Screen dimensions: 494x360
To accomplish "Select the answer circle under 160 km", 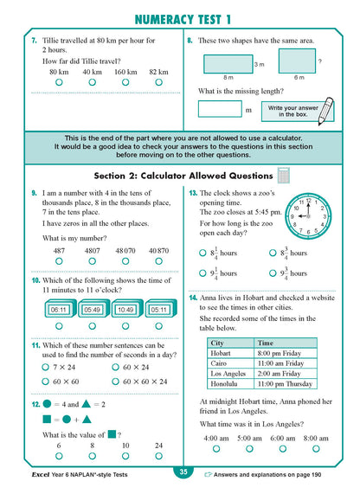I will (125, 81).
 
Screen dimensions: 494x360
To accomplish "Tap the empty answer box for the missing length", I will (219, 109).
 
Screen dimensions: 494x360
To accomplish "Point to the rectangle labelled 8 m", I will (228, 63).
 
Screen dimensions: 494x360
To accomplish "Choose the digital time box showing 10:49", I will (125, 309).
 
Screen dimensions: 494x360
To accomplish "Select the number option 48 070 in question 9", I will (125, 251).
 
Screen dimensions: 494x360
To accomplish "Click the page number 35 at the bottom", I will (183, 472).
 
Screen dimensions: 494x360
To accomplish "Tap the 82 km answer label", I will (158, 71).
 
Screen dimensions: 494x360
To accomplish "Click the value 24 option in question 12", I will (159, 446).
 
